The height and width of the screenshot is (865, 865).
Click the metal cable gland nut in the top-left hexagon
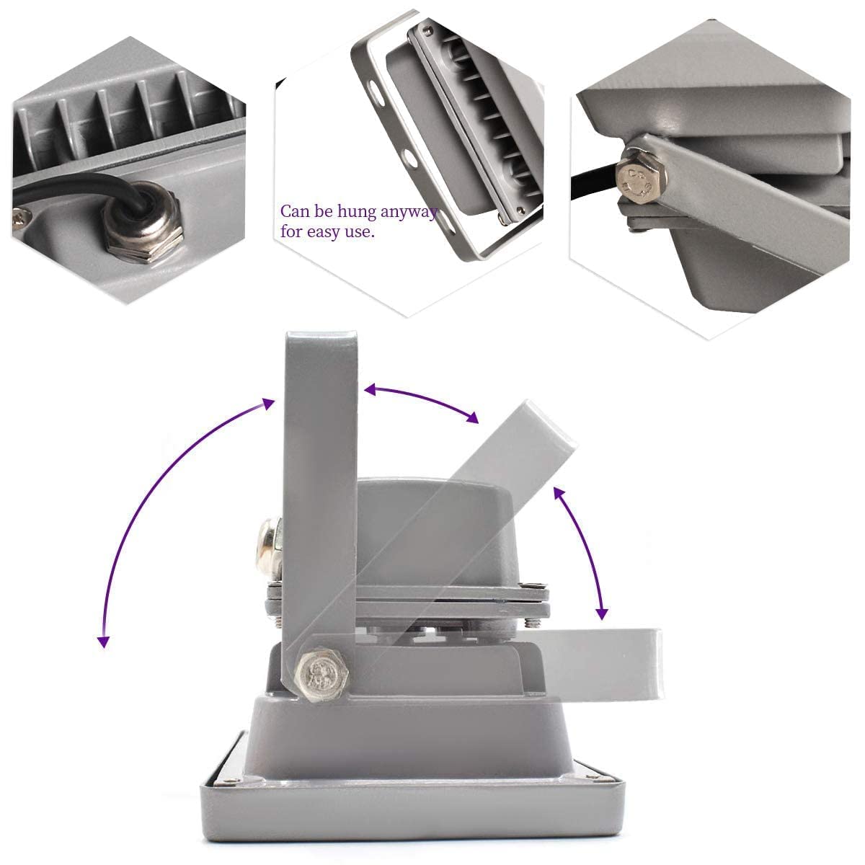[144, 225]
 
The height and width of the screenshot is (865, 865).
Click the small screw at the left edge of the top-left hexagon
[20, 218]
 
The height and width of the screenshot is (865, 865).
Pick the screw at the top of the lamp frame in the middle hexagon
[428, 30]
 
